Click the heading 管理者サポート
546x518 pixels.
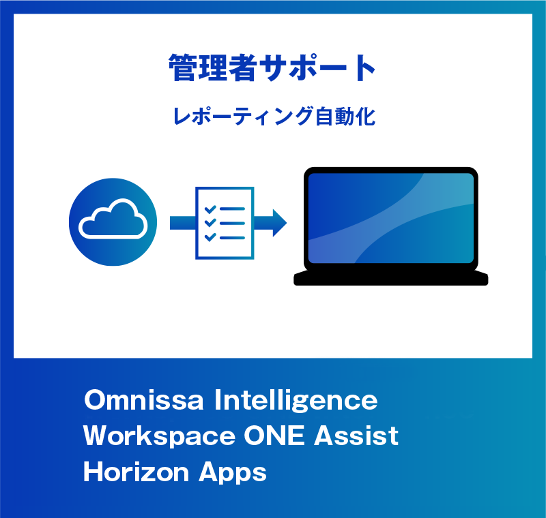[272, 67]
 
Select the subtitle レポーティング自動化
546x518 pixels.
[274, 116]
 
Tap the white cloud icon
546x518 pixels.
[113, 219]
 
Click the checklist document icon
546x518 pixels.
[225, 223]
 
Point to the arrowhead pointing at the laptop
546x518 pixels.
[280, 223]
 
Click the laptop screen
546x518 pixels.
[390, 218]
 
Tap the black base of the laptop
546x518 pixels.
[390, 277]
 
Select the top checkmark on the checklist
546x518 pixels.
[210, 209]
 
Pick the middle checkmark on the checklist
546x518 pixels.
[210, 223]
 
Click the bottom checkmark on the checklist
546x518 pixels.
[210, 237]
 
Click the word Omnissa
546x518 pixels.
[144, 400]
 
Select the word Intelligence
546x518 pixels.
[296, 401]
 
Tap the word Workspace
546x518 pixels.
[160, 437]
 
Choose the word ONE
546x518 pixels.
[274, 436]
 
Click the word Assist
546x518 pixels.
[356, 436]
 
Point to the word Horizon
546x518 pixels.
[136, 472]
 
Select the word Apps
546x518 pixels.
[233, 474]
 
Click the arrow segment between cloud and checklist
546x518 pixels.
[183, 223]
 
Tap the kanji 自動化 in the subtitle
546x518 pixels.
[345, 116]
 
